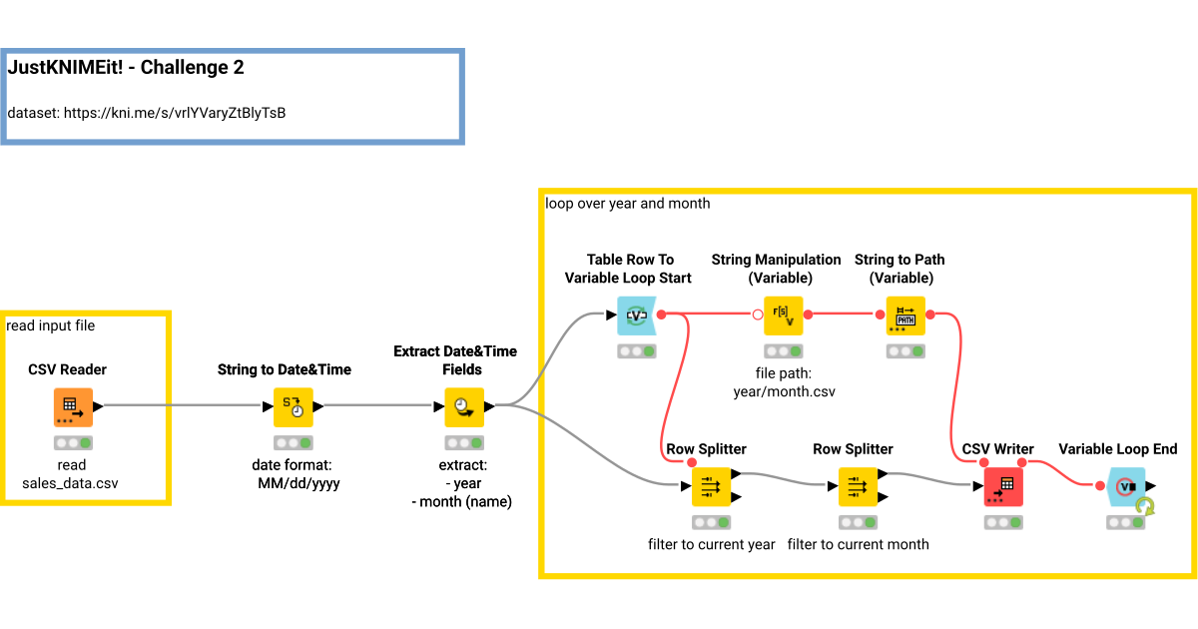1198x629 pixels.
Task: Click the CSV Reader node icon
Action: click(72, 406)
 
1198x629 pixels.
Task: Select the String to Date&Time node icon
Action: click(293, 406)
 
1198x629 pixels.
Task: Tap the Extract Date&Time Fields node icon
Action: click(463, 406)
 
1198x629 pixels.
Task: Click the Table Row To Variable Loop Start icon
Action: click(636, 315)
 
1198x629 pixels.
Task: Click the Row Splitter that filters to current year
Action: click(711, 487)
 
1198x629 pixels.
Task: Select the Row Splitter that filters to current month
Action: click(858, 487)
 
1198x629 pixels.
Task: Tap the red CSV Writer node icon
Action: click(1003, 487)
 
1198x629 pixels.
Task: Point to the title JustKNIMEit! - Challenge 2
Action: click(126, 68)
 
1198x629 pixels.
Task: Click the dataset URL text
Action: click(147, 113)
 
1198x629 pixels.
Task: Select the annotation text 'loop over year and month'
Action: click(628, 204)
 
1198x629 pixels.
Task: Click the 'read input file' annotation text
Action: click(51, 325)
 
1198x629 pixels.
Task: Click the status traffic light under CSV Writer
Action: click(1003, 522)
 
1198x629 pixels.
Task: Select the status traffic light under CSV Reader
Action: click(72, 442)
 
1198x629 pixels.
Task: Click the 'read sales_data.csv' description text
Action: click(71, 474)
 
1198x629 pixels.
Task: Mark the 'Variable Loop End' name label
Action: click(1117, 449)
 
